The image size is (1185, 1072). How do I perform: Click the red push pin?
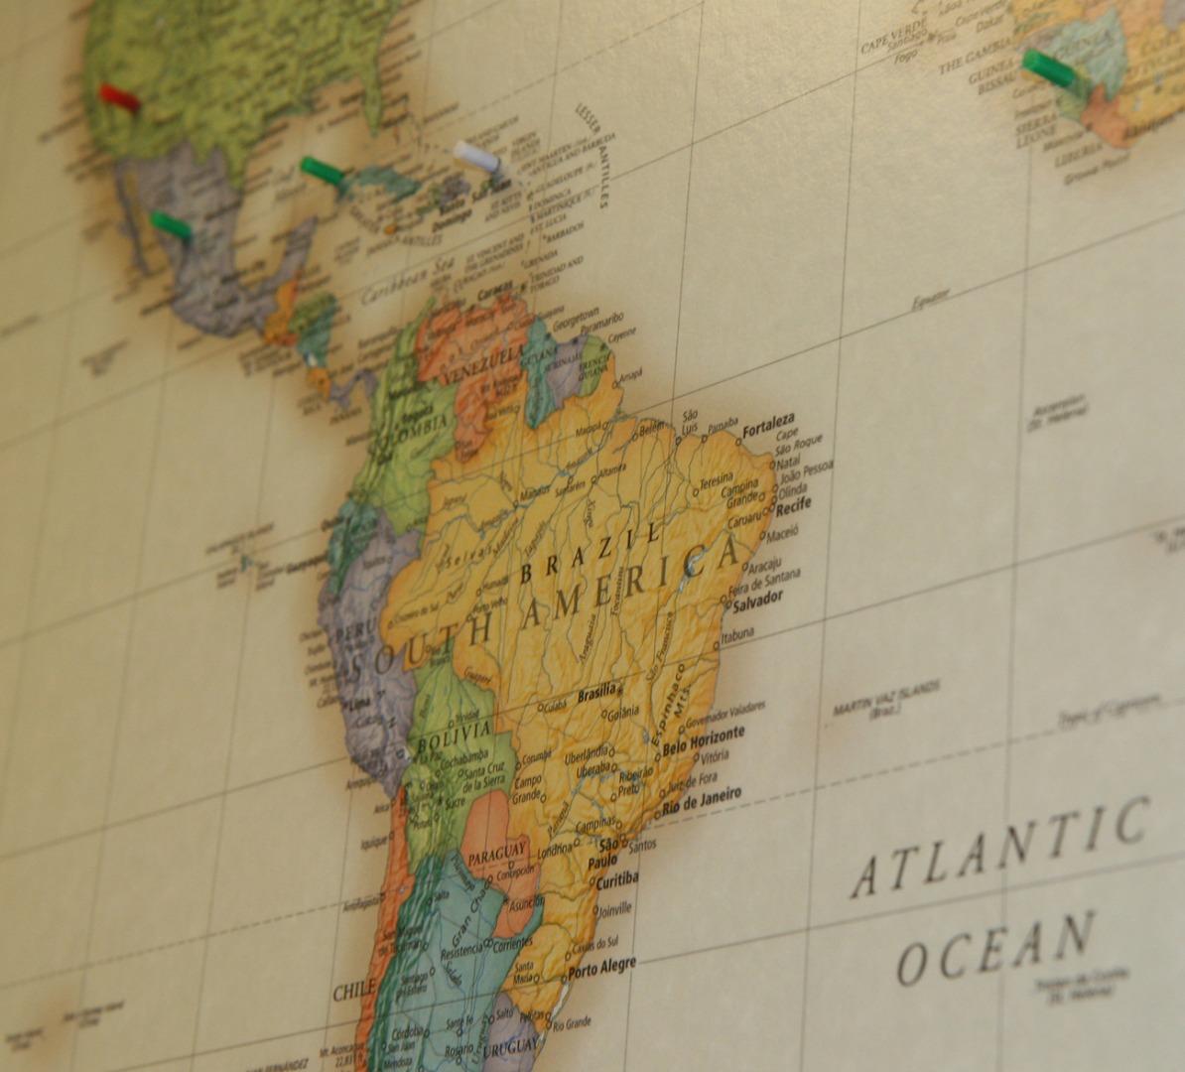pos(119,97)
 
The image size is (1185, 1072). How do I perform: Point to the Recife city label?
pos(794,505)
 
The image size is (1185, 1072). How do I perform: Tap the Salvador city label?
pos(758,599)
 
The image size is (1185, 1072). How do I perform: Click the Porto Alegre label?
pos(601,967)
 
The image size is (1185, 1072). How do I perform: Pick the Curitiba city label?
pos(616,880)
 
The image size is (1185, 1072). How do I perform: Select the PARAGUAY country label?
pos(496,853)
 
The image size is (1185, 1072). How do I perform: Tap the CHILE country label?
pos(353,992)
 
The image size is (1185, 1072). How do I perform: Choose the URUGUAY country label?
pos(512,1047)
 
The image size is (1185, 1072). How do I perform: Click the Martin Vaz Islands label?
pos(885,698)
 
